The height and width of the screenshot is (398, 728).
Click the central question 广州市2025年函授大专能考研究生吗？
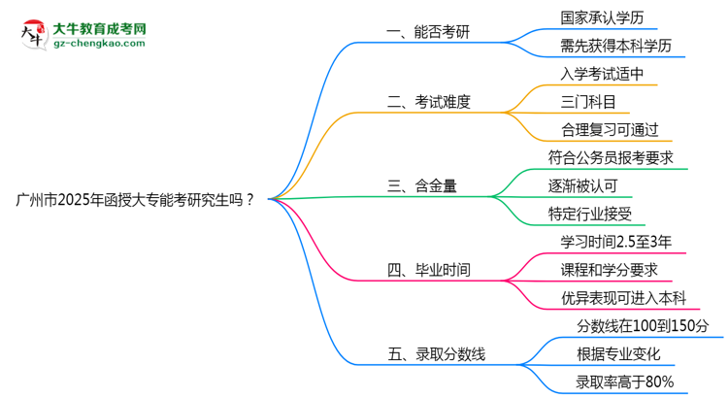tap(136, 200)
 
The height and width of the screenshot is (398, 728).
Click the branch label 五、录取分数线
tap(436, 354)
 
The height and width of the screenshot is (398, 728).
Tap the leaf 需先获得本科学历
tap(615, 46)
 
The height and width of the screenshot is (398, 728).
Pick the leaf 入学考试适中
tap(602, 74)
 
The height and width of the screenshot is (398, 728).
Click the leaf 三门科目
tap(587, 102)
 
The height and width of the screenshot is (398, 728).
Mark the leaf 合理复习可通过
tap(610, 129)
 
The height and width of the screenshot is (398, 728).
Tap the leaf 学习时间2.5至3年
tap(614, 241)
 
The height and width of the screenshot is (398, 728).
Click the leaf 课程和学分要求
tap(610, 269)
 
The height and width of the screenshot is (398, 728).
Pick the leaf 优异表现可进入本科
tap(624, 297)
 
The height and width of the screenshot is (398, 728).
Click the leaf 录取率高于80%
tap(611, 381)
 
